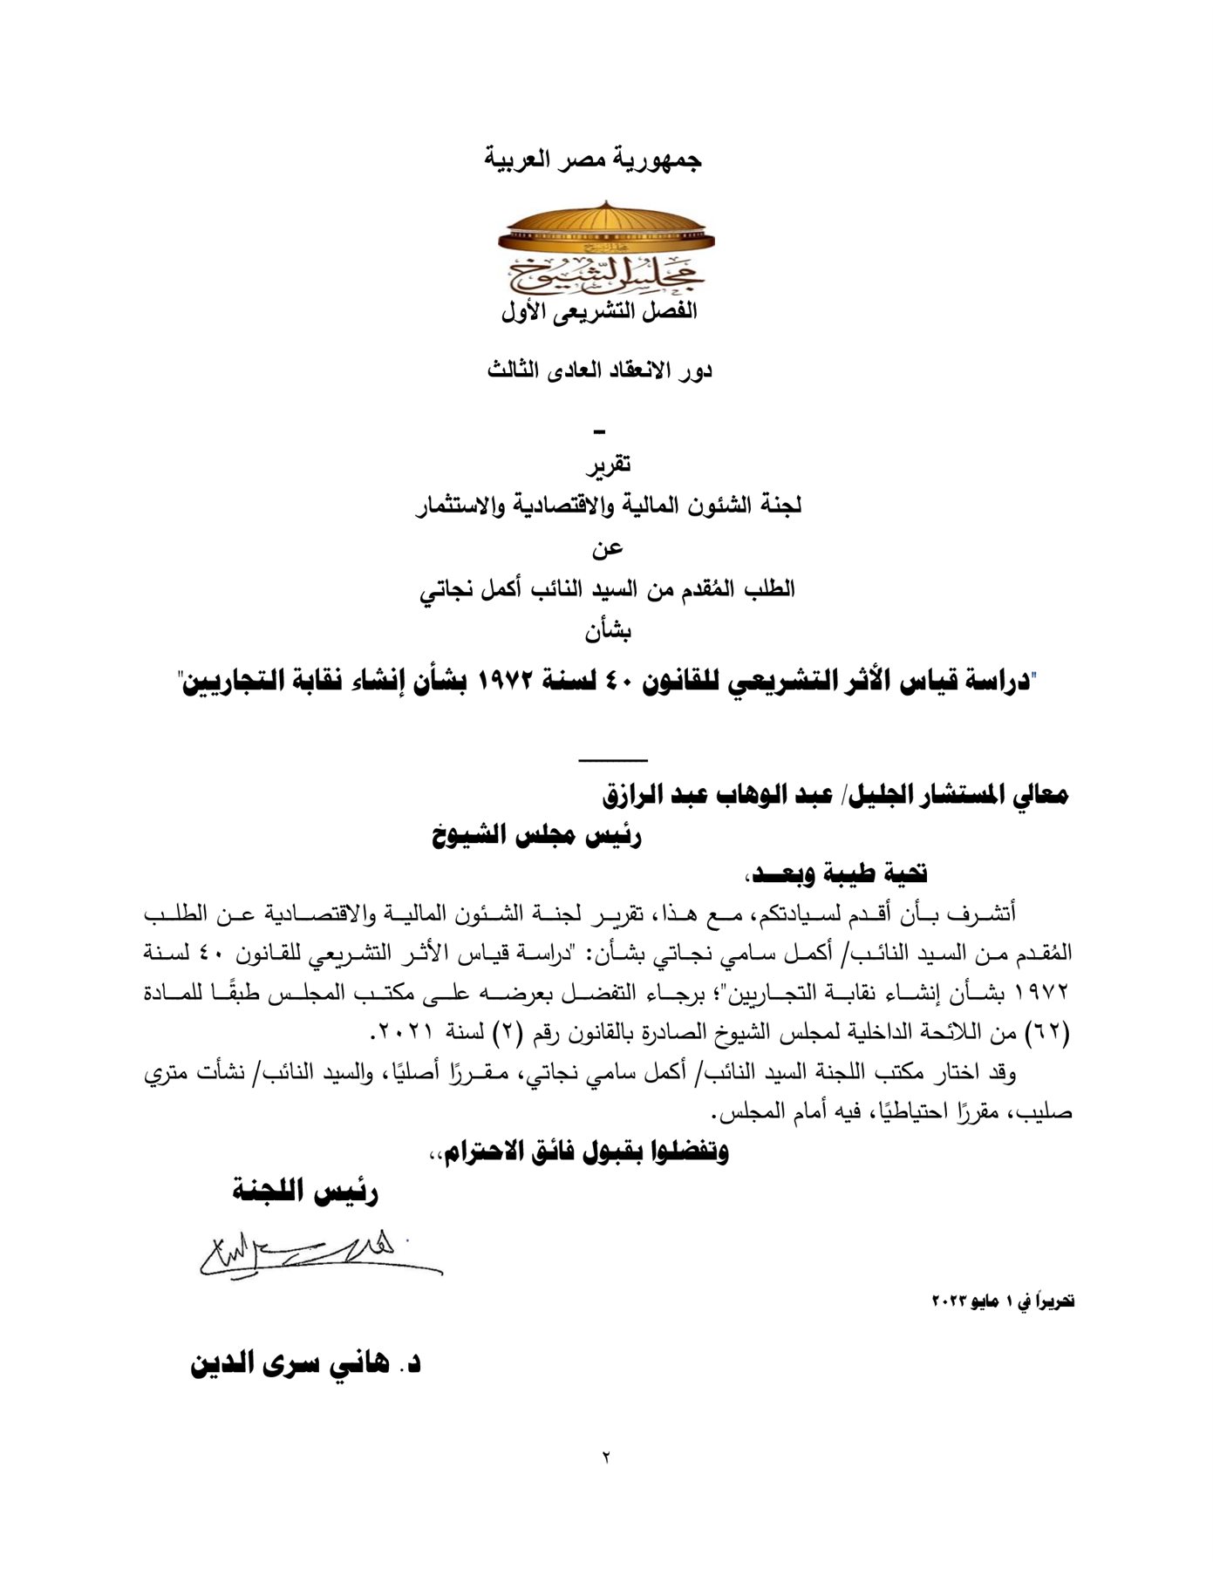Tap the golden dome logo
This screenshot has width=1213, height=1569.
[605, 248]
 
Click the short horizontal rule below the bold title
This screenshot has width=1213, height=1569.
[614, 761]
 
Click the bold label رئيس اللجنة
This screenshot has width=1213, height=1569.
[304, 1192]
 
